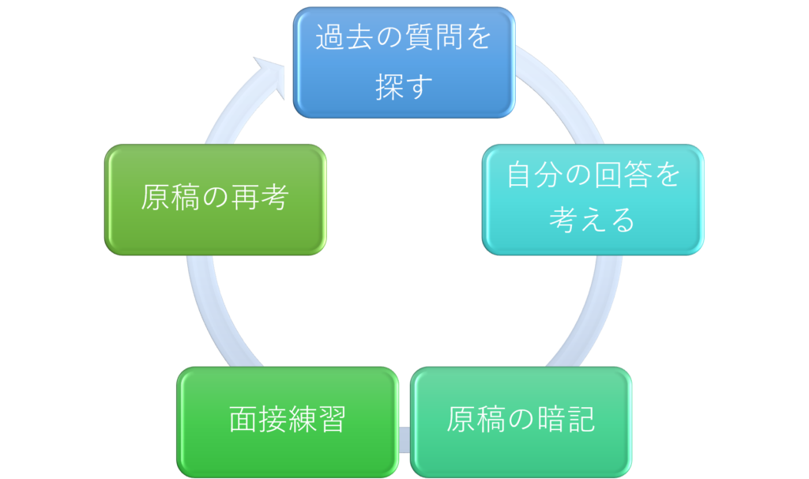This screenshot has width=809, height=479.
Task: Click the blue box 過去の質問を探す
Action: (x=404, y=62)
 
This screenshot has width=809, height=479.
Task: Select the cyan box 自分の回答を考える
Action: (x=593, y=198)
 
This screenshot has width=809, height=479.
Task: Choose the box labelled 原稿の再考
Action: (x=215, y=198)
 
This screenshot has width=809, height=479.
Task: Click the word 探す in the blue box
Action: (x=404, y=88)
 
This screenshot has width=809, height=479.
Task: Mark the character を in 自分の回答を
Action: (x=668, y=175)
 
